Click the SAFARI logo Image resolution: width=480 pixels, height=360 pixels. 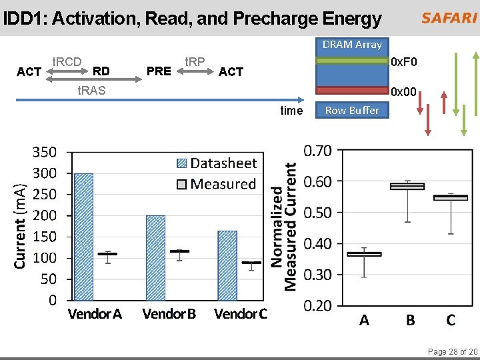click(x=448, y=18)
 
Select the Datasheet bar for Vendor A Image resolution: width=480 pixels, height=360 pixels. click(x=84, y=237)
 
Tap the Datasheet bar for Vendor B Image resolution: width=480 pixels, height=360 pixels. click(x=155, y=257)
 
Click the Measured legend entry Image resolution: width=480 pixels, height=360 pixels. click(x=216, y=184)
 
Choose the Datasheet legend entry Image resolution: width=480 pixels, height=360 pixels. click(x=216, y=163)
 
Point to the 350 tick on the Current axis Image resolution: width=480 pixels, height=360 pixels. click(x=46, y=152)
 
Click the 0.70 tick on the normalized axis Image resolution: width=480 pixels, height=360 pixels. click(x=317, y=151)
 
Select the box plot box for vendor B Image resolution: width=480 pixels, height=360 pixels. click(x=407, y=187)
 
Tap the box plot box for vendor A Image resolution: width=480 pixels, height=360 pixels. click(x=364, y=254)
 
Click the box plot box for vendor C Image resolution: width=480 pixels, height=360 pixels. click(x=451, y=197)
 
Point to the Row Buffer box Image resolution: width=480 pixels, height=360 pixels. click(x=351, y=111)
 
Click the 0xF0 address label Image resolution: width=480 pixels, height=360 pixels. click(x=405, y=63)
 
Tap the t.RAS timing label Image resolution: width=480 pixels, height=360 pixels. click(x=91, y=90)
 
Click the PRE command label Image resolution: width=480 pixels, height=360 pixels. click(x=159, y=71)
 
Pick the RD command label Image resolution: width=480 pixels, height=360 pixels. click(x=101, y=70)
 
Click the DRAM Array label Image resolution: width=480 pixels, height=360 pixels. click(x=352, y=45)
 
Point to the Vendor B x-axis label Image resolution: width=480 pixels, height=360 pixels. click(x=169, y=313)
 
